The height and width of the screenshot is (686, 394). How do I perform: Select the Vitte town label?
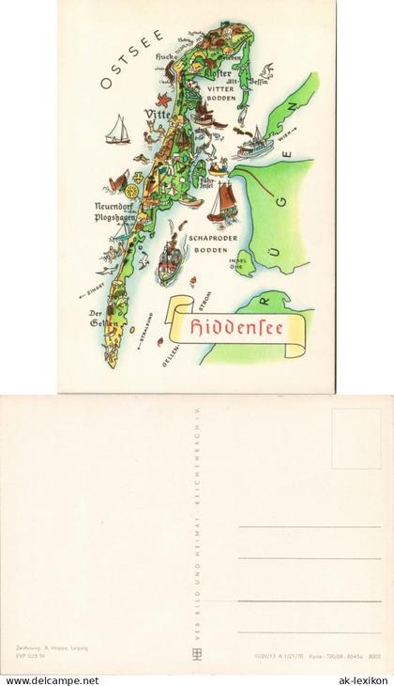point(156,114)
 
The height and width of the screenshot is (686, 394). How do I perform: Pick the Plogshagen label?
point(114,217)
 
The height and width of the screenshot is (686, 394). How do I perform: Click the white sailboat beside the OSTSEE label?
point(118,130)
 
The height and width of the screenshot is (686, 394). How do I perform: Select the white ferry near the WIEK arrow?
point(254,144)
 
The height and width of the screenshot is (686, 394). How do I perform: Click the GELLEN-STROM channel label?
point(188,328)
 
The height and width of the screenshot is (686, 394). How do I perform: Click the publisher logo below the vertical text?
point(197,654)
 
